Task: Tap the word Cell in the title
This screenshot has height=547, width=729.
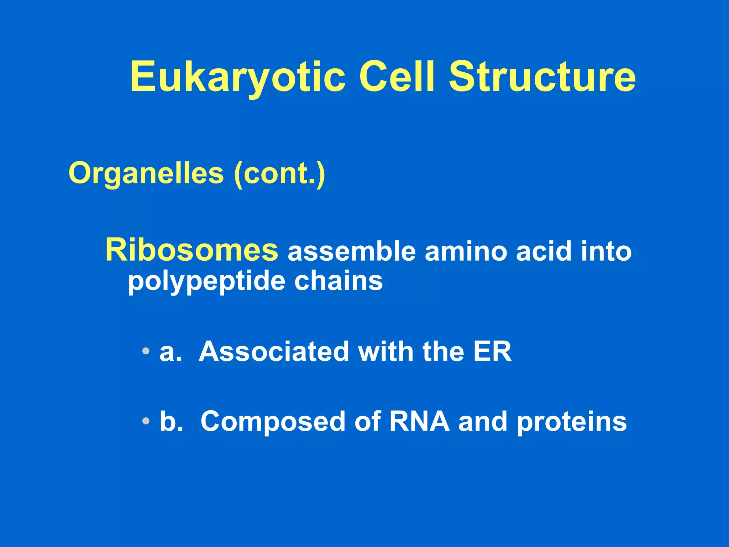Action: tap(397, 77)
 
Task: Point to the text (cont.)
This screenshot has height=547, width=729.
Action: tap(279, 174)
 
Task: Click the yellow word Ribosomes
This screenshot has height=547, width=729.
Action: tap(192, 250)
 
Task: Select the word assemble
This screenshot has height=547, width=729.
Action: tap(352, 251)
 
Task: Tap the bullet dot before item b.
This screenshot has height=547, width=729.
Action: tap(145, 421)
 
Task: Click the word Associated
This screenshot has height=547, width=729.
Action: tap(274, 351)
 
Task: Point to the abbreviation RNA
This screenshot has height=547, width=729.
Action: tap(419, 421)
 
